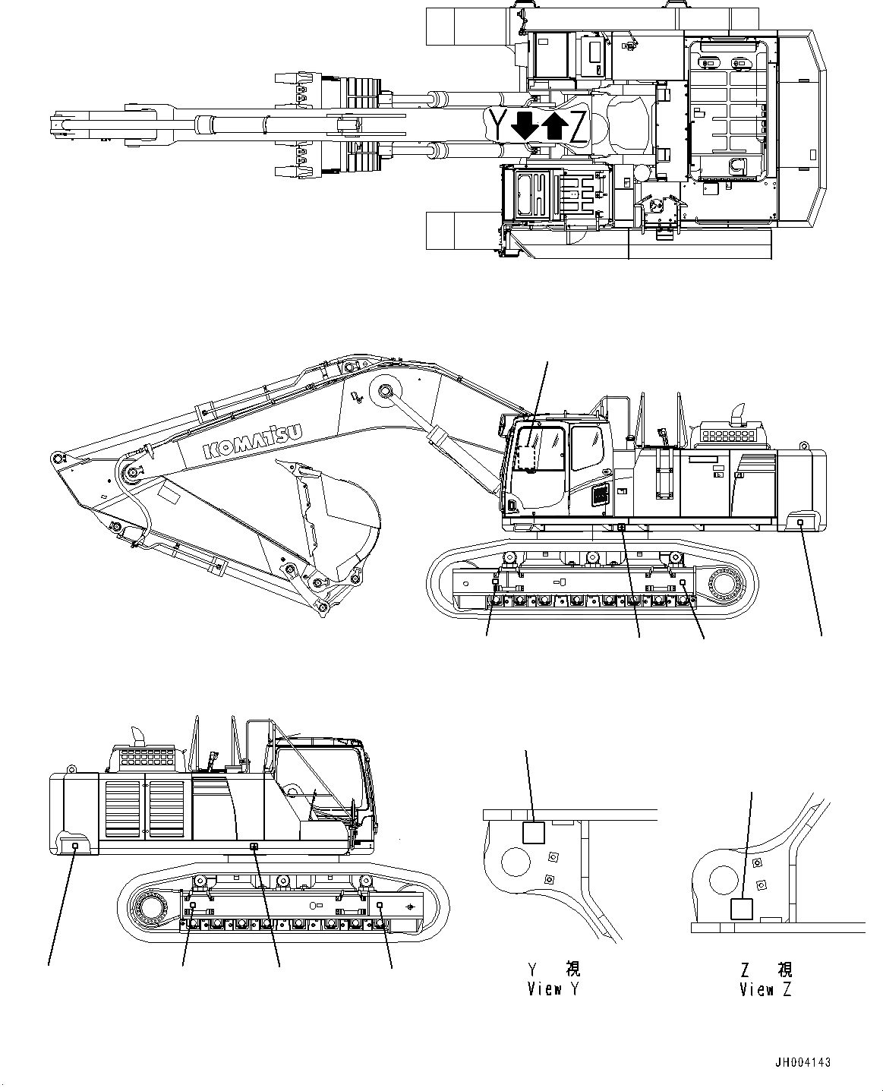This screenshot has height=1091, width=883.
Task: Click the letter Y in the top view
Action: tap(497, 125)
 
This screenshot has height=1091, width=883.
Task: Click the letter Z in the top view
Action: tap(579, 127)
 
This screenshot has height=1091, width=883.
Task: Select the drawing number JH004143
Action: tap(803, 1063)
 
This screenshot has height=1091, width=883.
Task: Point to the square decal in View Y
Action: tap(534, 833)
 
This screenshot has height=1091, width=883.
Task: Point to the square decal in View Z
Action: tap(741, 909)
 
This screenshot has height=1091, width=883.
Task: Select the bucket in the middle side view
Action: tap(334, 524)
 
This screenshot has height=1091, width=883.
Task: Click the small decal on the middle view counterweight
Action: tap(803, 522)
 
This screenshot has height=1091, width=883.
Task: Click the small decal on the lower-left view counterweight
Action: tap(74, 845)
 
